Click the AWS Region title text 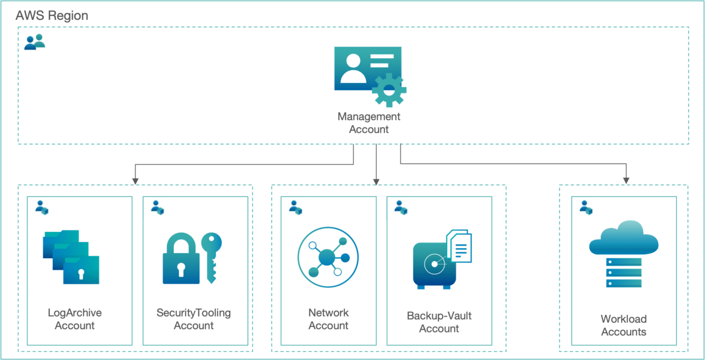pos(52,16)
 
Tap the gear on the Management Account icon pos(389,90)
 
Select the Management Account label pos(368,123)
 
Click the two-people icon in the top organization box pos(34,42)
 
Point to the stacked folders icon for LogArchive pos(71,257)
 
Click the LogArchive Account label pos(74,319)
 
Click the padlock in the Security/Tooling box pos(181,259)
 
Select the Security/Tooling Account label pos(193,319)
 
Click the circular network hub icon pos(328,257)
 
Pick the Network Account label pos(328,319)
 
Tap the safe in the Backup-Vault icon pos(433,265)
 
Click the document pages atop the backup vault pos(459,246)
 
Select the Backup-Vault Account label pos(439,322)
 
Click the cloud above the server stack pos(623,238)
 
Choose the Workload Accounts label pos(623,325)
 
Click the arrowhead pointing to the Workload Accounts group pos(626,180)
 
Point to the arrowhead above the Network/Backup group pos(376,181)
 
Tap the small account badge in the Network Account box pos(295,208)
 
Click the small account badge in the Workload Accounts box pos(585,208)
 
